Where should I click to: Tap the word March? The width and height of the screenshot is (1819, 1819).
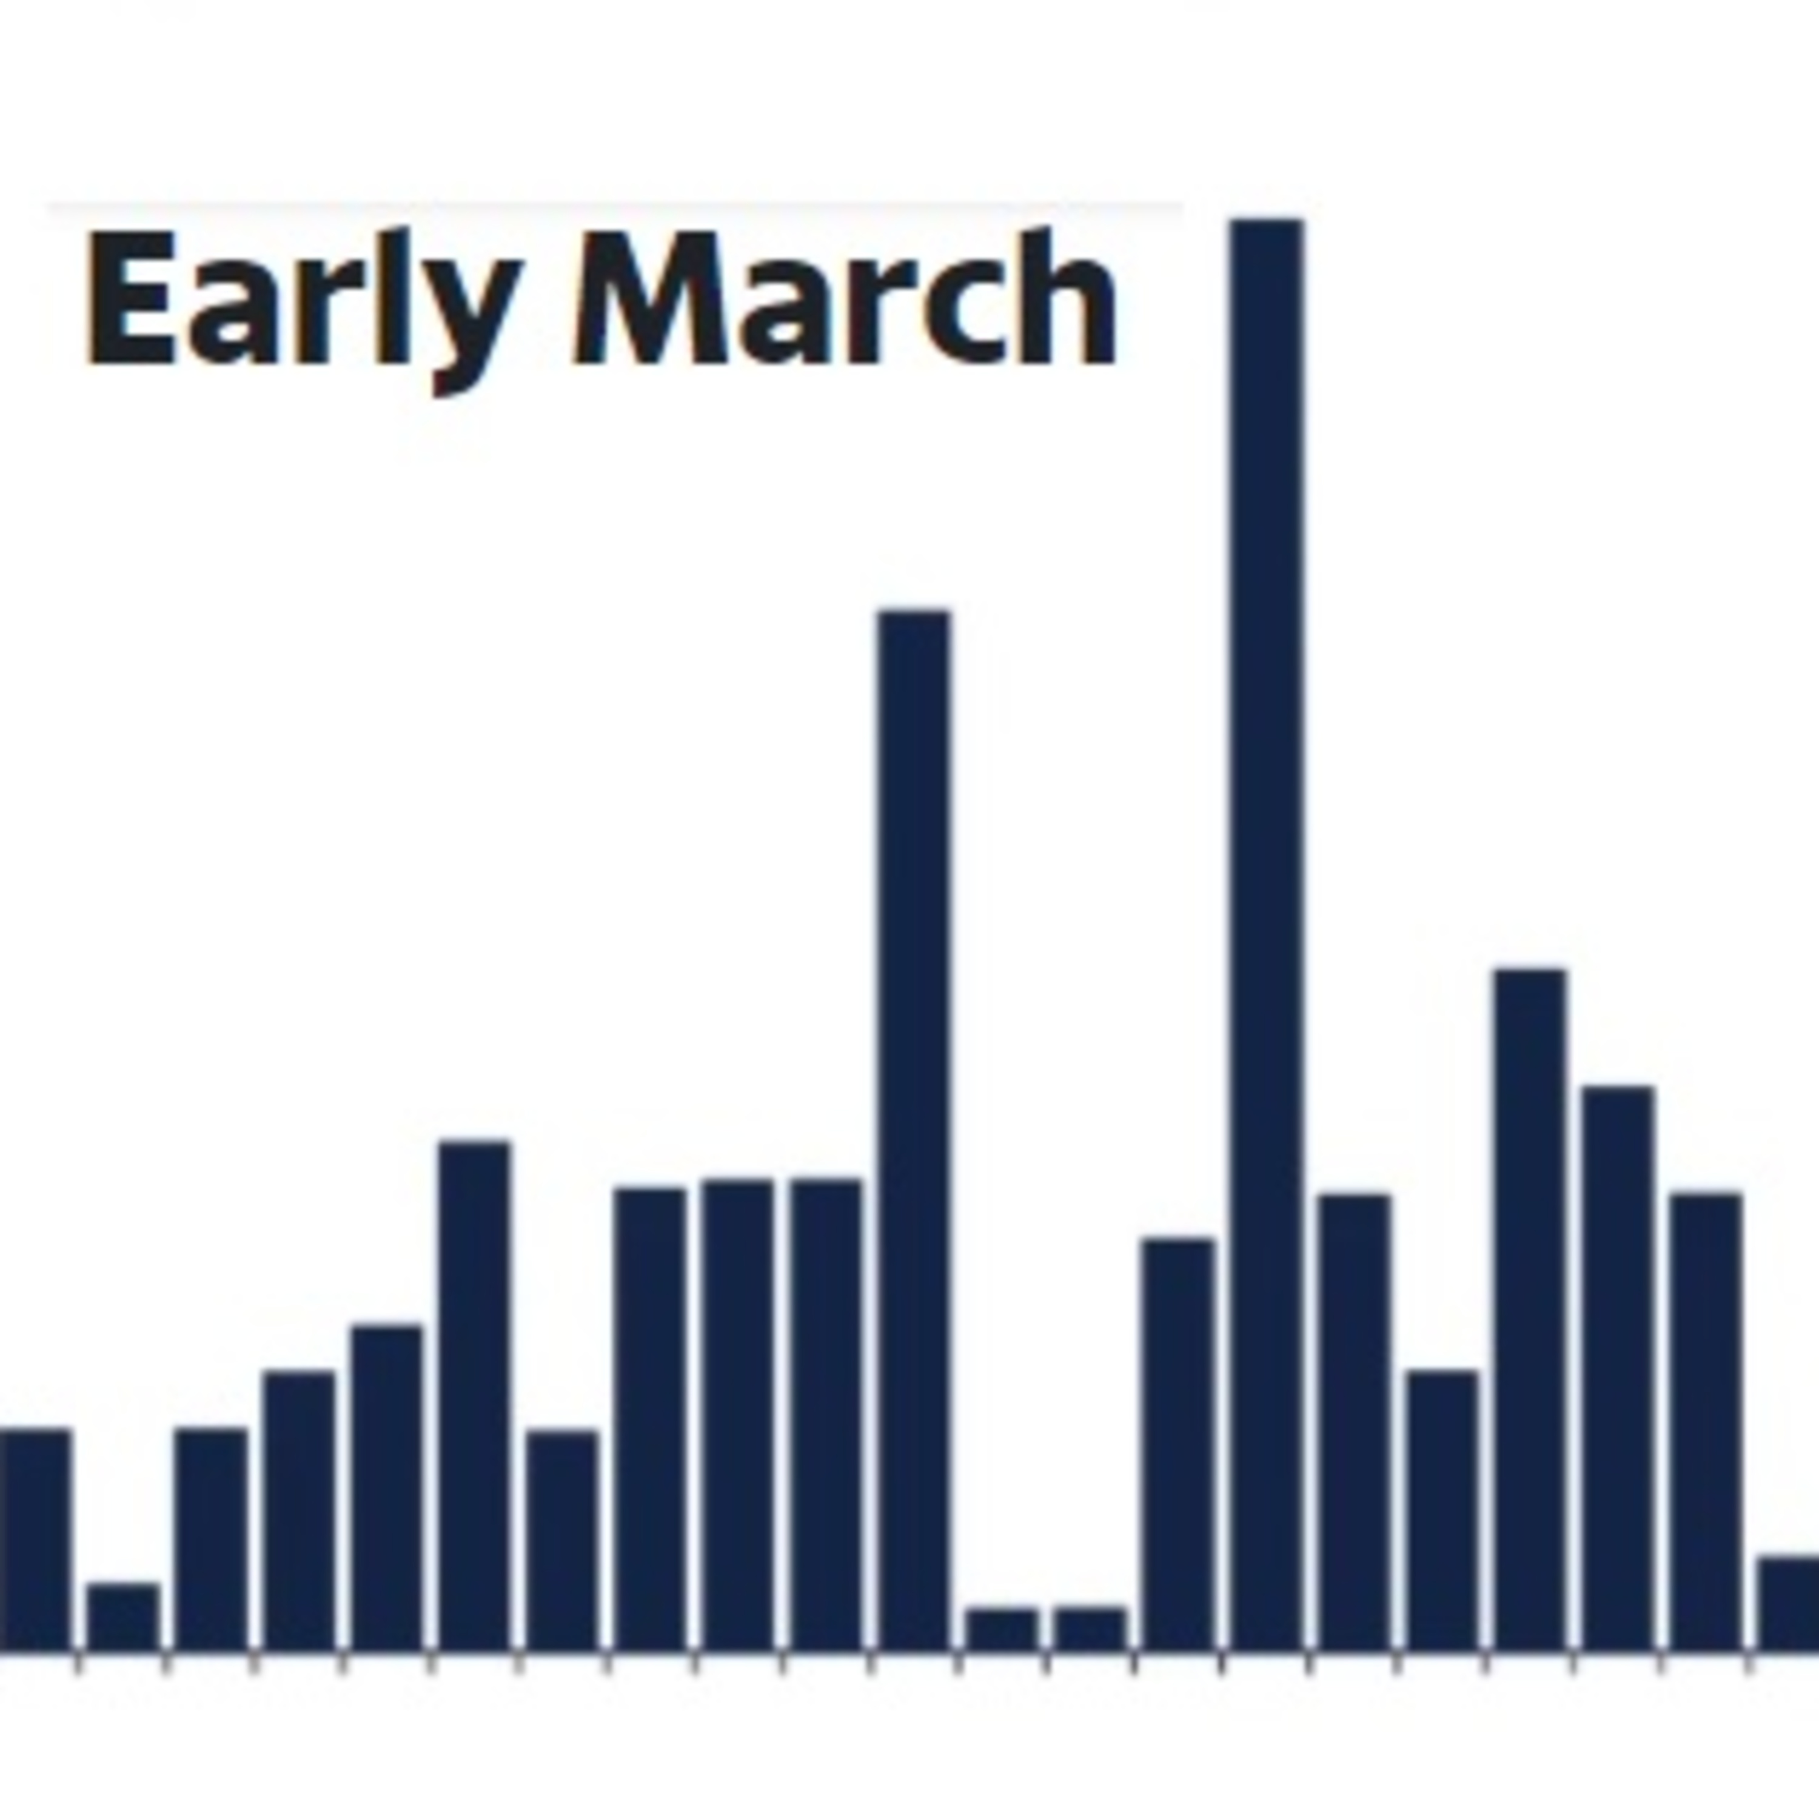coord(845,296)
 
